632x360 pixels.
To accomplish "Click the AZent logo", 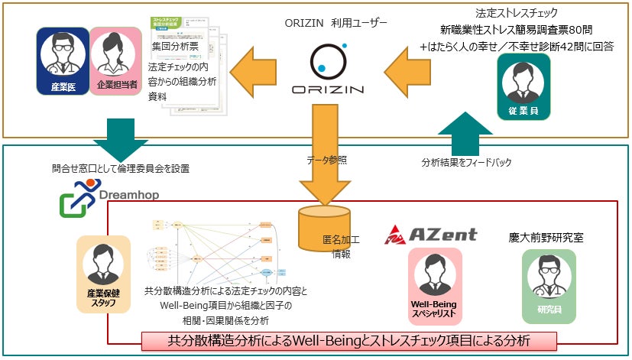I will tap(430, 234).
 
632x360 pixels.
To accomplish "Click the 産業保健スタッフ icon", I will tap(104, 274).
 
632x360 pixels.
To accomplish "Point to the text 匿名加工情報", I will tap(342, 247).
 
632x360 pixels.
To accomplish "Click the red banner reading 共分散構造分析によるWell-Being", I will tap(348, 339).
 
